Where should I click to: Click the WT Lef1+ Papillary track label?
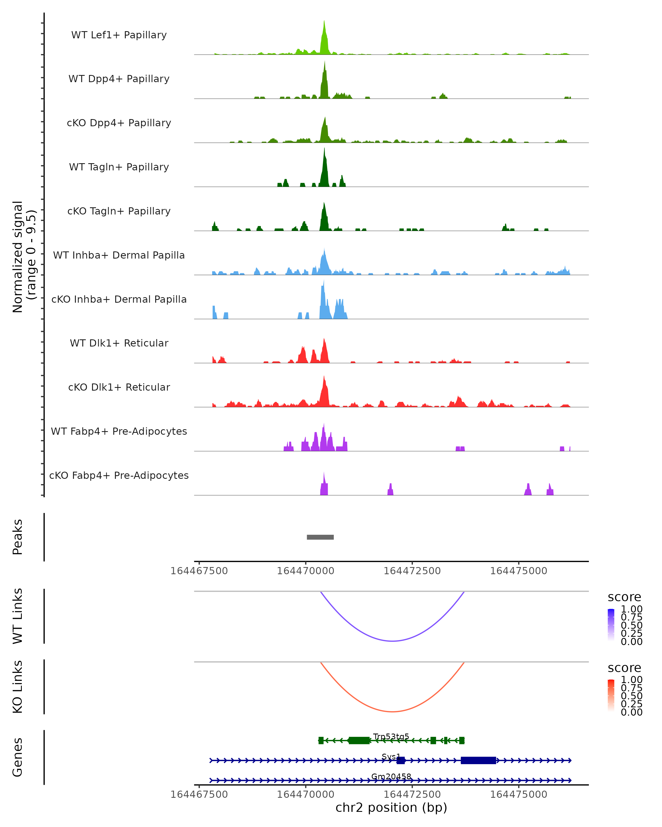119,35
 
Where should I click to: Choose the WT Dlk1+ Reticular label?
119,343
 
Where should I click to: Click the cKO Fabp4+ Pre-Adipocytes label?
119,475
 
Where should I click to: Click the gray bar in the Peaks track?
320,537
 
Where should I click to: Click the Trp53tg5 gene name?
391,737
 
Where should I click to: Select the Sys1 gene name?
391,756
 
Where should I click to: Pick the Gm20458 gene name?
391,776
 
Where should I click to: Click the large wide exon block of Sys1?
478,760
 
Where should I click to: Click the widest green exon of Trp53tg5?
359,740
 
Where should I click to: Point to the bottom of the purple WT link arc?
392,641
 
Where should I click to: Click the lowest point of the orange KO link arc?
392,711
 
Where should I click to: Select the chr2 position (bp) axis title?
391,807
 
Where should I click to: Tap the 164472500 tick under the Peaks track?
412,571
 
